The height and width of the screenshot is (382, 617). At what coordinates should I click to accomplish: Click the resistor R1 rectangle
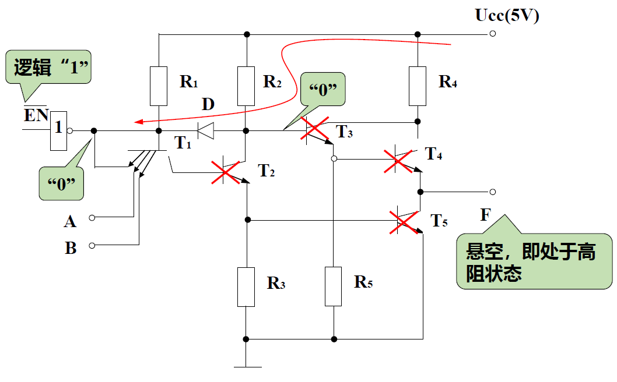tap(159, 86)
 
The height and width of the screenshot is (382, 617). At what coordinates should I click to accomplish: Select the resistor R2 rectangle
tap(247, 86)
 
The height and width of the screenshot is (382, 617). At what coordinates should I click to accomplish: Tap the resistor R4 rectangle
tap(418, 86)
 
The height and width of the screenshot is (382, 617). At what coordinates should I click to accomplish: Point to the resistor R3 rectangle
tap(246, 286)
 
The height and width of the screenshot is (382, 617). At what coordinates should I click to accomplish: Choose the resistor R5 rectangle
tap(333, 286)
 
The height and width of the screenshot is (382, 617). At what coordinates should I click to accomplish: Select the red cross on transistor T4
tap(398, 160)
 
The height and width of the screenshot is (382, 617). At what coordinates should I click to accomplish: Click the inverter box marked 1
tap(58, 130)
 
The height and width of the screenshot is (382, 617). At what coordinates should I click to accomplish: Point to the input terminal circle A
tap(92, 218)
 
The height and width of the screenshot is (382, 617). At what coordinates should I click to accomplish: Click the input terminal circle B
tap(92, 246)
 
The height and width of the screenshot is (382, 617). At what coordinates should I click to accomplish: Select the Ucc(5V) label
tap(507, 16)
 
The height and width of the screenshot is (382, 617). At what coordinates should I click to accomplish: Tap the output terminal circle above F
tap(493, 192)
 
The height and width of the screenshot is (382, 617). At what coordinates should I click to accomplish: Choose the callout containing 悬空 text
tap(533, 261)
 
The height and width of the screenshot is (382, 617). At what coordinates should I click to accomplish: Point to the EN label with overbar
tap(36, 115)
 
